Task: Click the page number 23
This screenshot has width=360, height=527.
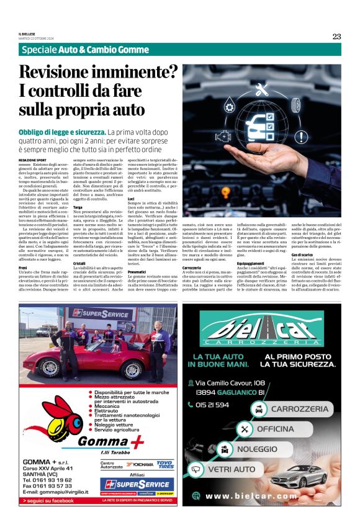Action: [336, 37]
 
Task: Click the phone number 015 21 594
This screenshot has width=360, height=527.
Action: [212, 405]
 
